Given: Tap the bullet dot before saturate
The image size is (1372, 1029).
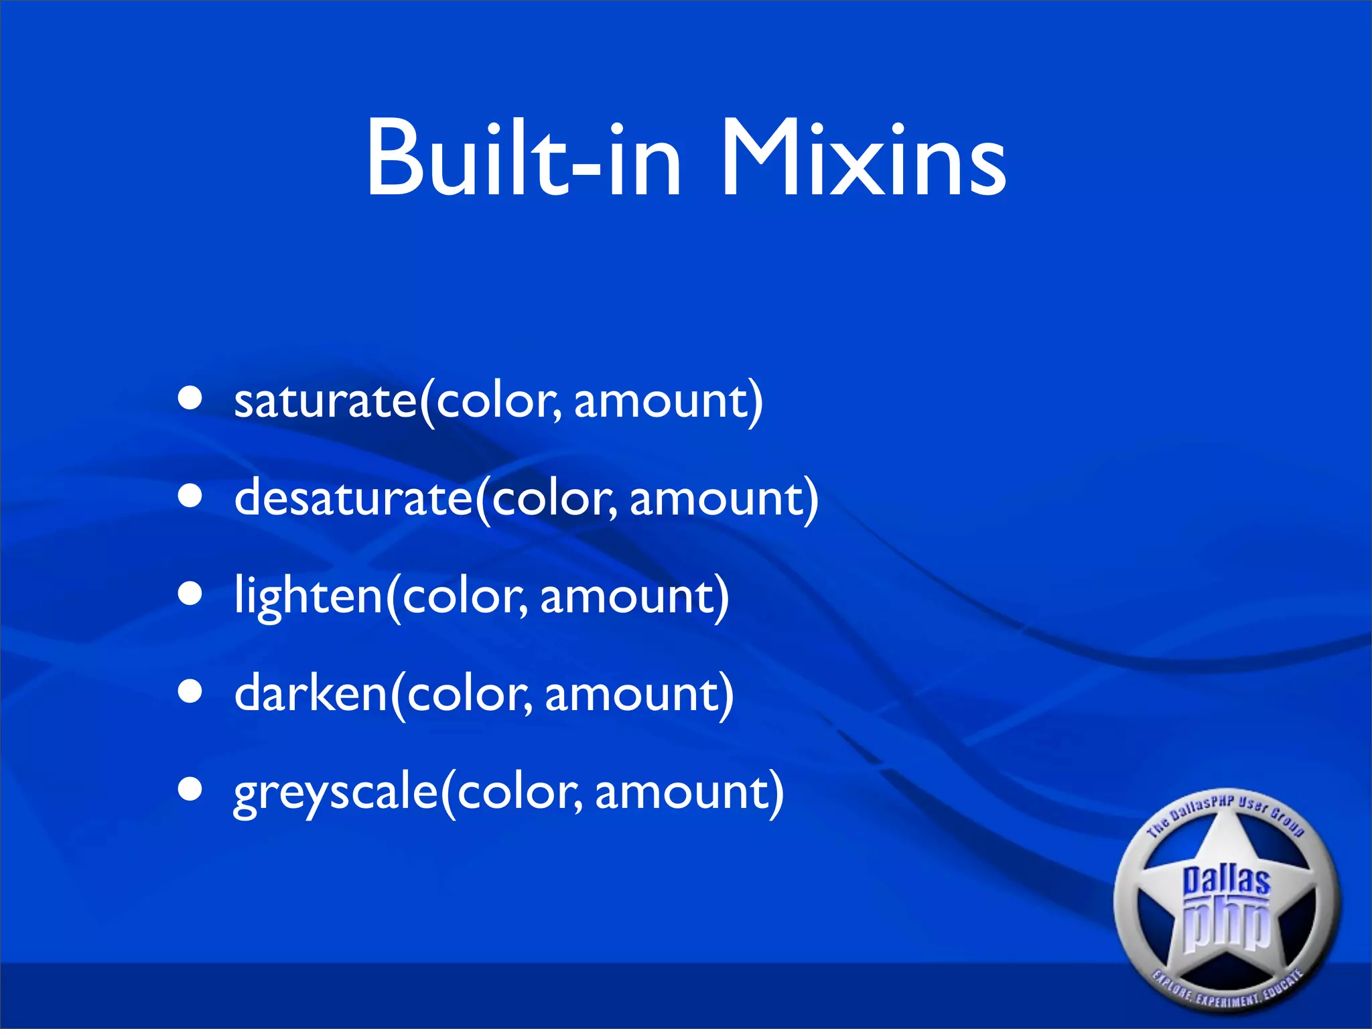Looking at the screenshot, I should click(x=190, y=399).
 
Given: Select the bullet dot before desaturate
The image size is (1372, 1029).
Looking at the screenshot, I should click(x=190, y=497).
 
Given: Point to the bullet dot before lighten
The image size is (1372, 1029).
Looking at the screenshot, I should click(x=190, y=594).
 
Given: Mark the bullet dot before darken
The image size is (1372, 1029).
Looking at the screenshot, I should click(x=190, y=692).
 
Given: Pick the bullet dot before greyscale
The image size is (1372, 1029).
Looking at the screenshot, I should click(x=190, y=789).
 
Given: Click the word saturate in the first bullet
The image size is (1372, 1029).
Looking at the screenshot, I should click(x=326, y=401).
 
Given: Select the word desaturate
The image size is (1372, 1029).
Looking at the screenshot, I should click(x=354, y=498).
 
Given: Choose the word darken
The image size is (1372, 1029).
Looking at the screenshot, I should click(x=311, y=694).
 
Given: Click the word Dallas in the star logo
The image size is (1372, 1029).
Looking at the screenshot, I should click(x=1226, y=880).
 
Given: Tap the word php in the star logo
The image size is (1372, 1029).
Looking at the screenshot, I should click(x=1226, y=924).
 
